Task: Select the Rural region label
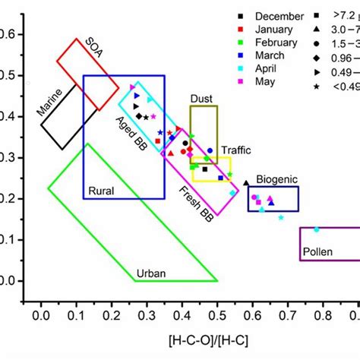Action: [x=101, y=191]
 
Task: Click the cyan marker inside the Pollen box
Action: [x=317, y=229]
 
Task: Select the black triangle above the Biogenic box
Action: [x=245, y=183]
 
